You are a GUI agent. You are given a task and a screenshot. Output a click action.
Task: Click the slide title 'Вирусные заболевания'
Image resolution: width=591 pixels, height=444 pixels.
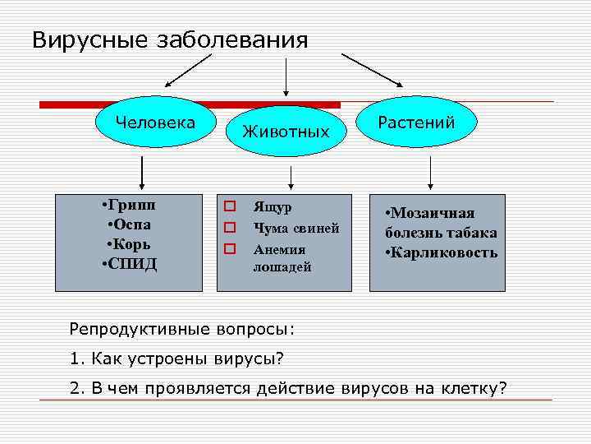tap(170, 40)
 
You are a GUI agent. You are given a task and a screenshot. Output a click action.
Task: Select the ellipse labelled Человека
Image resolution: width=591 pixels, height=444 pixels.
tap(156, 124)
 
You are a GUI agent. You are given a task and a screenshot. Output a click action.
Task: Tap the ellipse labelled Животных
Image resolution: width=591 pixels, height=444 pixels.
tap(286, 131)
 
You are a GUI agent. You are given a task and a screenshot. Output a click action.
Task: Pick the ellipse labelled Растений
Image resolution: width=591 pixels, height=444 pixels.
tap(416, 123)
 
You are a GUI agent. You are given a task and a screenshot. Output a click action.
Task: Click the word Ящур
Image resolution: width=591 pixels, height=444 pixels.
tap(273, 206)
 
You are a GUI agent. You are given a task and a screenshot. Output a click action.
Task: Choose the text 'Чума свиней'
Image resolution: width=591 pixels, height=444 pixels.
tap(296, 228)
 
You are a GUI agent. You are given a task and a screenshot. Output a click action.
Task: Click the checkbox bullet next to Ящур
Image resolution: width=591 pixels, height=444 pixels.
tap(231, 206)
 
